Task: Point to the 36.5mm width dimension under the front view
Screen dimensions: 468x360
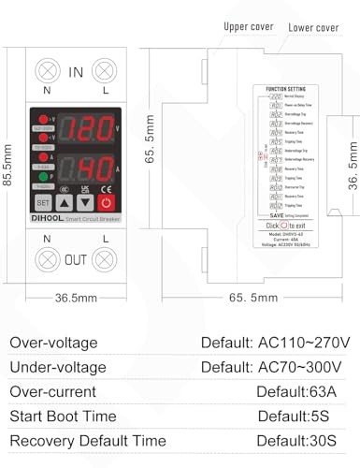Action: (75, 299)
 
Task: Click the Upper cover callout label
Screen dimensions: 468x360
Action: (249, 27)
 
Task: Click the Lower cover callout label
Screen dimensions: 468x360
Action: (313, 27)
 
